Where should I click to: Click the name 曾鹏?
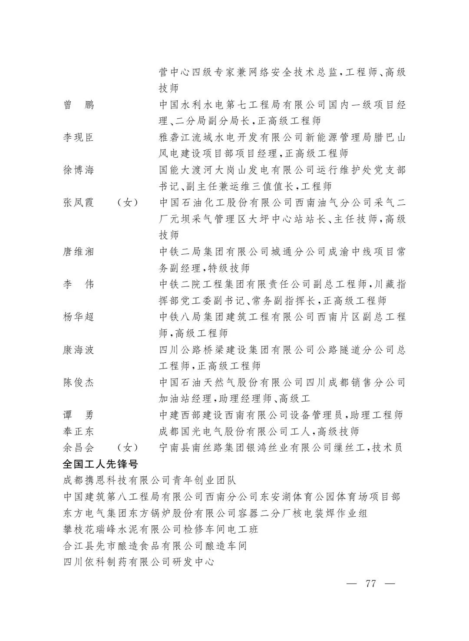(x=78, y=105)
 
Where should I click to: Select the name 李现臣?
(x=78, y=138)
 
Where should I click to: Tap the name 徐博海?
(x=78, y=170)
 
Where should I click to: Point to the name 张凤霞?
(x=78, y=203)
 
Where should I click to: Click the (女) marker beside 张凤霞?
(x=128, y=203)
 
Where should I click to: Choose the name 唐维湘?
(x=78, y=252)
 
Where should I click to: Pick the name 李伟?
(x=78, y=285)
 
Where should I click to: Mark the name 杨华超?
(x=78, y=317)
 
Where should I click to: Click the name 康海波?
(x=78, y=350)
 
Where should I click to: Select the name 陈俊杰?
(x=78, y=382)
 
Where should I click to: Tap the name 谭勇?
(x=78, y=415)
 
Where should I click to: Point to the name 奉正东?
(x=78, y=432)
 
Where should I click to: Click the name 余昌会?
(x=78, y=448)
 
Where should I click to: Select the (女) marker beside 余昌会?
(x=128, y=448)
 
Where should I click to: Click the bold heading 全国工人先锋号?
(x=101, y=464)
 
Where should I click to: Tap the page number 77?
(x=370, y=584)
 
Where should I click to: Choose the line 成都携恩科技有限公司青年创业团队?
(x=149, y=481)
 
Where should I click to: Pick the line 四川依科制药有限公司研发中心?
(x=139, y=562)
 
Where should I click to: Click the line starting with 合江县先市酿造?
(x=155, y=546)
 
